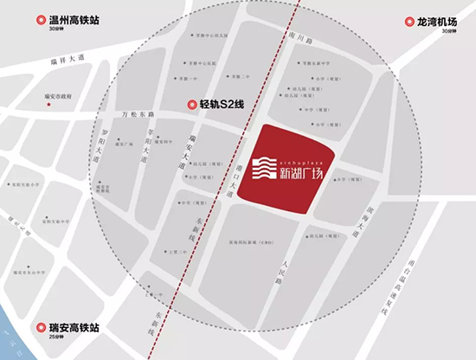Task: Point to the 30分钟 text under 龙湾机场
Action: (446, 32)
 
